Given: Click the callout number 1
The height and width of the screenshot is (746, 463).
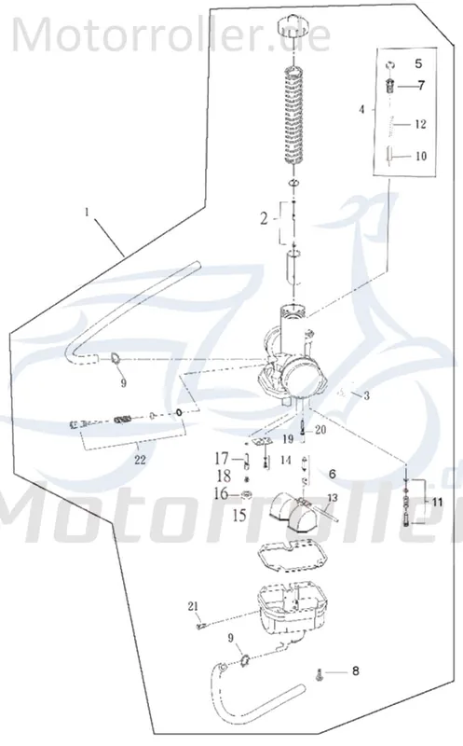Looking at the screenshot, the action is [x=87, y=213].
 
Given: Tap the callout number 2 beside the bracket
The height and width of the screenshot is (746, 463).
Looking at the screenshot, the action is [x=265, y=219].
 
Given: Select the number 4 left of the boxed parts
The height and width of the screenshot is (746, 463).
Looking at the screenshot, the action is [x=361, y=109].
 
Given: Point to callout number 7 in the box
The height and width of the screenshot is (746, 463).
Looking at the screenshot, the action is [x=421, y=86].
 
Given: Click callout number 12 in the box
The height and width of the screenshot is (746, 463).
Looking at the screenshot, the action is [x=420, y=124].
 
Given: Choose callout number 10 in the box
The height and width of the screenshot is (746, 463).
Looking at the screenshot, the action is [x=421, y=156].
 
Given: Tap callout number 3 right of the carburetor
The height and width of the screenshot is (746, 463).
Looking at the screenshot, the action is [x=366, y=395].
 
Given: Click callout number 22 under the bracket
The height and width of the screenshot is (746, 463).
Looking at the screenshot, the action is [x=140, y=460].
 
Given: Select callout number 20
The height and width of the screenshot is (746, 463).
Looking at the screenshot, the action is [x=320, y=430].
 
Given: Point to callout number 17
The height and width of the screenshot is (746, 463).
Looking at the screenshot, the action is [x=222, y=459].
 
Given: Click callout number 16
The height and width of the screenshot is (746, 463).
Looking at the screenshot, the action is [x=221, y=494].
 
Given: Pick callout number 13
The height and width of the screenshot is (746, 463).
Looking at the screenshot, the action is [x=333, y=498].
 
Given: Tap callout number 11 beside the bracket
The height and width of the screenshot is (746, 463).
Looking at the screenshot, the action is [x=437, y=502].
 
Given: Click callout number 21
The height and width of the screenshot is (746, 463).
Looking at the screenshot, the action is [x=192, y=606].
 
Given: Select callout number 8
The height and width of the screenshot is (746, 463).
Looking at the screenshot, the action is [x=356, y=671].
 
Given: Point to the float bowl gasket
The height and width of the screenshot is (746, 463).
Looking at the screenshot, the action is [x=292, y=558].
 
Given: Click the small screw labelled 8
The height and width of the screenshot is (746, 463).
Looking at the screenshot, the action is [x=319, y=674].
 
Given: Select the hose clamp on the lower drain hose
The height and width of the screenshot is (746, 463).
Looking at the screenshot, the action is [x=244, y=659].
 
